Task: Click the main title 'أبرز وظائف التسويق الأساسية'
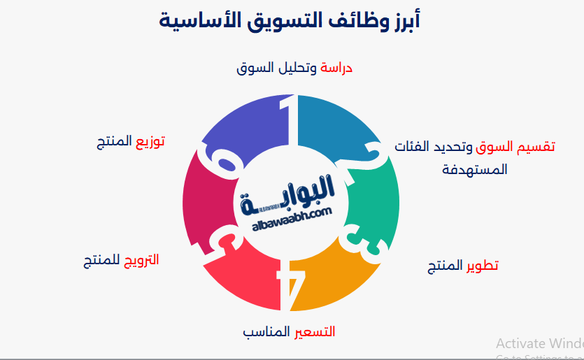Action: click(291, 22)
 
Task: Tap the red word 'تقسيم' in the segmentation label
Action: click(536, 147)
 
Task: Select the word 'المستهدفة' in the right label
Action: click(475, 169)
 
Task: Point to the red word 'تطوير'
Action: click(482, 266)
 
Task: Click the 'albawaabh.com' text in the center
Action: click(292, 217)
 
